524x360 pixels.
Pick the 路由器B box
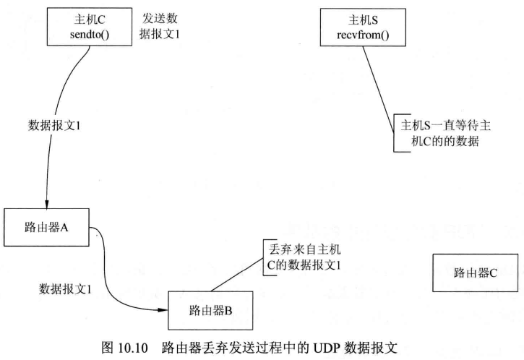tap(210, 310)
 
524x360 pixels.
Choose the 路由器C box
tap(476, 273)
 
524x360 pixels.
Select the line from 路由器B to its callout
tap(239, 274)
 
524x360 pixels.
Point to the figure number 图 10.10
tap(133, 346)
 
